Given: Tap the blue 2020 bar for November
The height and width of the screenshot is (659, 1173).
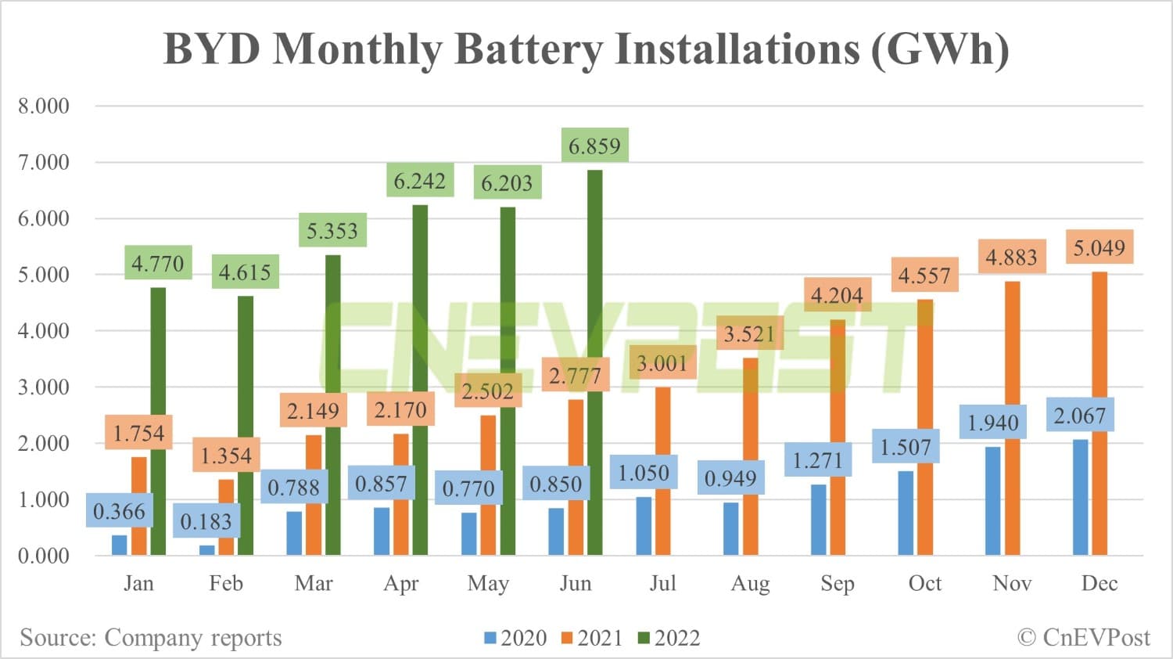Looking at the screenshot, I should pyautogui.click(x=993, y=501).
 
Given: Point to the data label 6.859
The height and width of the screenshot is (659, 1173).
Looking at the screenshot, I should pyautogui.click(x=594, y=146).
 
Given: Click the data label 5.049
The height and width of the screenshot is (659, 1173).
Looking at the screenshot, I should pyautogui.click(x=1099, y=249).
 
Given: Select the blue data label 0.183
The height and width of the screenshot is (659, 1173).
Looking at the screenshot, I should pyautogui.click(x=206, y=522).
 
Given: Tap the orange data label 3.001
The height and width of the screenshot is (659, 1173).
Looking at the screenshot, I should pyautogui.click(x=662, y=363).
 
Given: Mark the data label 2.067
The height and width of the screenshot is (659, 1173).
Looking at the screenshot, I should pyautogui.click(x=1079, y=416).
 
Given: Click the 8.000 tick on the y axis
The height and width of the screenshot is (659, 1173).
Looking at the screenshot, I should pyautogui.click(x=44, y=106).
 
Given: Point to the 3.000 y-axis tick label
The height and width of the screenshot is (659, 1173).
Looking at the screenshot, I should pyautogui.click(x=44, y=387).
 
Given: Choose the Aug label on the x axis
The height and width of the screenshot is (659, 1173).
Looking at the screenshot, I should pyautogui.click(x=750, y=584).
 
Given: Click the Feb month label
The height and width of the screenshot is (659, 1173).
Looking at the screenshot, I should pyautogui.click(x=226, y=584).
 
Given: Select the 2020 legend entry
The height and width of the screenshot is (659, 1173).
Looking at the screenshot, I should pyautogui.click(x=515, y=638).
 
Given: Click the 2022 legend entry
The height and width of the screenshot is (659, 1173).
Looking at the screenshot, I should pyautogui.click(x=669, y=638).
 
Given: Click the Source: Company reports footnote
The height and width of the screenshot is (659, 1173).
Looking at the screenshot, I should pyautogui.click(x=151, y=638).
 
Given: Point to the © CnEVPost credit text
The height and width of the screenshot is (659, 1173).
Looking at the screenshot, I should pyautogui.click(x=1084, y=638).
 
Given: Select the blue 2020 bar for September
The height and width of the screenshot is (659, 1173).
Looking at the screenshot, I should pyautogui.click(x=818, y=520).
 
